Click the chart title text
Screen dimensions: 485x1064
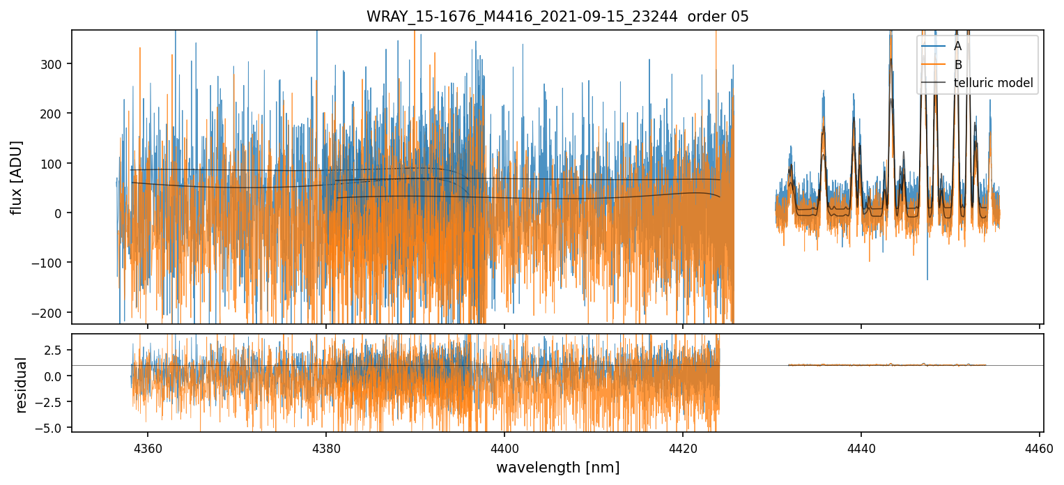557,17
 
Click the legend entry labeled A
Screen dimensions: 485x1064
957,46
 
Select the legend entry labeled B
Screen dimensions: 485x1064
957,65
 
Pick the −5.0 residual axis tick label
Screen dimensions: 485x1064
54,427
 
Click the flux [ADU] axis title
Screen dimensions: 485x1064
17,177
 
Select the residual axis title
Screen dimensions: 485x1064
22,385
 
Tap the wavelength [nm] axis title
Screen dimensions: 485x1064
557,467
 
